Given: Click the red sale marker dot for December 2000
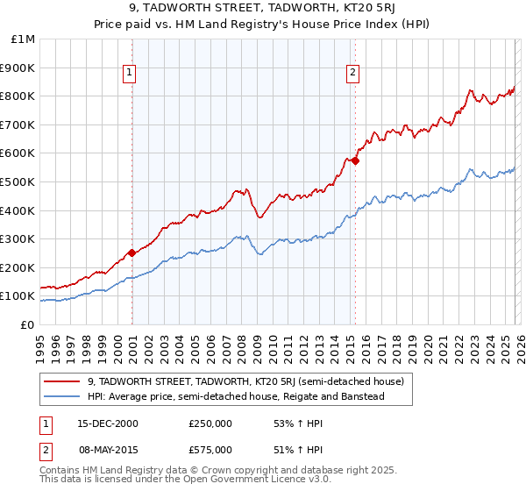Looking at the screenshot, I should click(x=131, y=253).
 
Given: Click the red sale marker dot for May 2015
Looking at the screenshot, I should click(x=355, y=160).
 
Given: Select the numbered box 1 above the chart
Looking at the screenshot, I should click(x=129, y=74).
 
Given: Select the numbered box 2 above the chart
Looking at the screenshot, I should click(x=352, y=74).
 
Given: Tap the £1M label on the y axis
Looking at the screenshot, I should click(x=24, y=39).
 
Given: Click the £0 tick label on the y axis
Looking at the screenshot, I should click(x=26, y=324).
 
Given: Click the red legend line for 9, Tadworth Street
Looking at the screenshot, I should click(x=61, y=381).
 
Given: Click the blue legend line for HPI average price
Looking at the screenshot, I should click(x=61, y=397).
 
